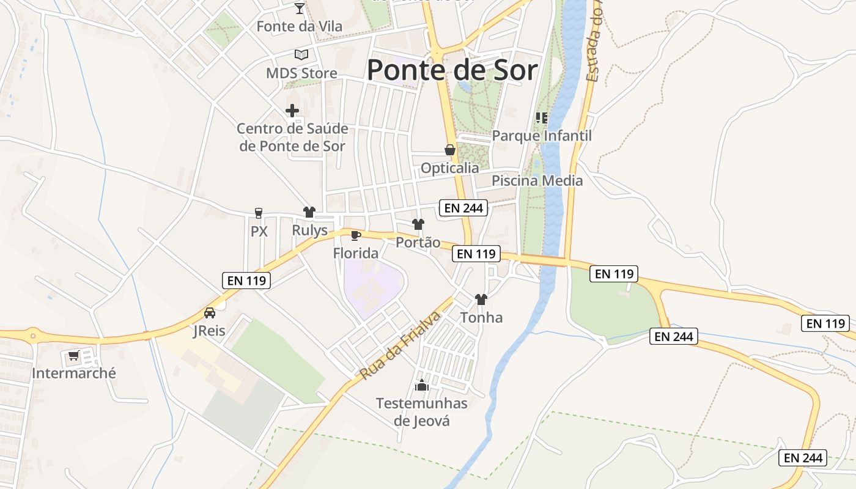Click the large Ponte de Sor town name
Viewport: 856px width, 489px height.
pyautogui.click(x=452, y=70)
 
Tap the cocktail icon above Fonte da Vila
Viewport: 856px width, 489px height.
pyautogui.click(x=299, y=9)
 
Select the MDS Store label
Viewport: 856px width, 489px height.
pyautogui.click(x=301, y=73)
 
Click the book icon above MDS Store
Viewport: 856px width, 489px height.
pyautogui.click(x=301, y=54)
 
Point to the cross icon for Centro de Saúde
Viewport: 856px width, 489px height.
pyautogui.click(x=292, y=111)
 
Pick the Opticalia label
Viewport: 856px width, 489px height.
pyautogui.click(x=449, y=167)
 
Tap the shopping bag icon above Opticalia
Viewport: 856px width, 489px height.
pyautogui.click(x=450, y=150)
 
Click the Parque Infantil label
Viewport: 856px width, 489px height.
pyautogui.click(x=542, y=136)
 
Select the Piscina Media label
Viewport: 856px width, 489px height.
pyautogui.click(x=537, y=181)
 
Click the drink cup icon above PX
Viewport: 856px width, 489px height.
pyautogui.click(x=259, y=213)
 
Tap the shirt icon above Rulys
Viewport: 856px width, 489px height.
pyautogui.click(x=309, y=212)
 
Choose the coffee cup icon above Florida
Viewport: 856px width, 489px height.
pyautogui.click(x=356, y=235)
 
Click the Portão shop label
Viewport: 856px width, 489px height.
pyautogui.click(x=418, y=242)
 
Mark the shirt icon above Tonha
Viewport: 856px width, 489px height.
pyautogui.click(x=481, y=300)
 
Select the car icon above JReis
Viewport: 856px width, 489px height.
pyautogui.click(x=209, y=313)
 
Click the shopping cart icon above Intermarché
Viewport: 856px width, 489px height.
pyautogui.click(x=74, y=355)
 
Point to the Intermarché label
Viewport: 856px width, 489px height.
pyautogui.click(x=73, y=373)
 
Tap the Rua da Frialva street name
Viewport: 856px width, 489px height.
pyautogui.click(x=400, y=345)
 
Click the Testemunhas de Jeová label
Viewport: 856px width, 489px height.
pyautogui.click(x=421, y=412)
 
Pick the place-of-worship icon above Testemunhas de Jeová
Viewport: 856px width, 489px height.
pyautogui.click(x=421, y=385)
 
